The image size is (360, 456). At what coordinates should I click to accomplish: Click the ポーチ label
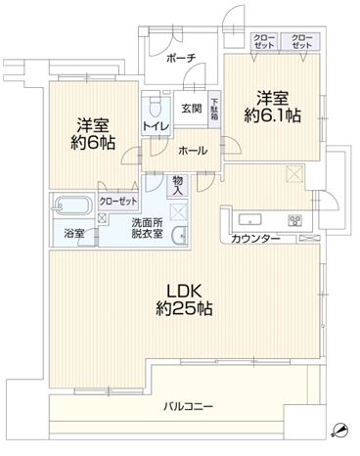182,59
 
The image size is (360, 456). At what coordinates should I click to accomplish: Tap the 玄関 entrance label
190,109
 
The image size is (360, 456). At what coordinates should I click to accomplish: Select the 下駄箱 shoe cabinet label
214,110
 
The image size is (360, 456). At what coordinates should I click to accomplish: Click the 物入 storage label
178,184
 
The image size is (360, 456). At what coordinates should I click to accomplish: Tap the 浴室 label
74,235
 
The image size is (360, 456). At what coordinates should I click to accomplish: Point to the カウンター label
257,239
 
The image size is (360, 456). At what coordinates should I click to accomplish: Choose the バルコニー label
182,406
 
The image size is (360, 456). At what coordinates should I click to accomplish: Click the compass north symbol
339,429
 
